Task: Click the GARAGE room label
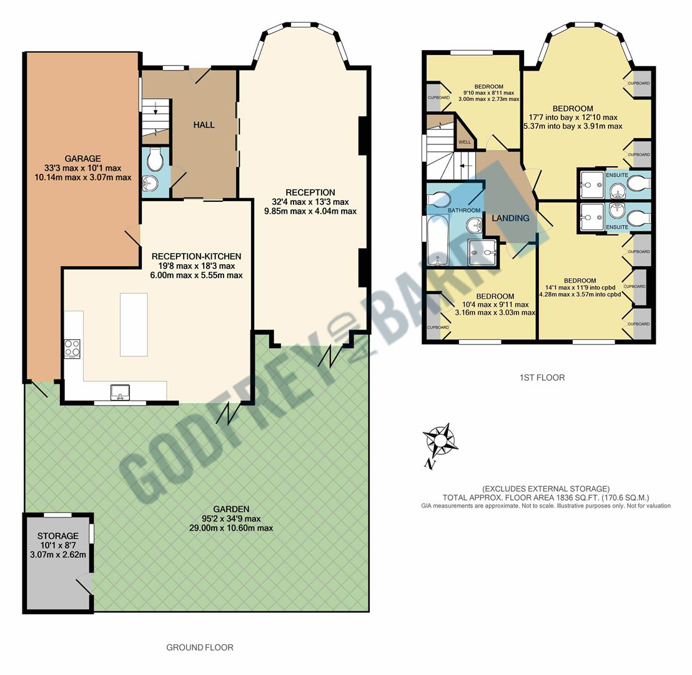(x=82, y=159)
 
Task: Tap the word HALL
(x=204, y=125)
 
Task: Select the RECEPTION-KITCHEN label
(x=196, y=256)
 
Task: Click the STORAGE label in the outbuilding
(x=57, y=536)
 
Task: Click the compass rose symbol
(x=442, y=441)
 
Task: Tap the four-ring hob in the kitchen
(x=72, y=348)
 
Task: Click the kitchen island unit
(x=134, y=324)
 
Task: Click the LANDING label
(x=510, y=218)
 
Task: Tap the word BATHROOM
(x=463, y=211)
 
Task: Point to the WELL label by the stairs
(x=465, y=142)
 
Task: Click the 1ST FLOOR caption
(x=541, y=377)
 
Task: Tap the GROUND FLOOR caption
(x=199, y=647)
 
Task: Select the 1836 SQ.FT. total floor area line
(x=546, y=497)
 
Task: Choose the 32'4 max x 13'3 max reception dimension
(x=310, y=202)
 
